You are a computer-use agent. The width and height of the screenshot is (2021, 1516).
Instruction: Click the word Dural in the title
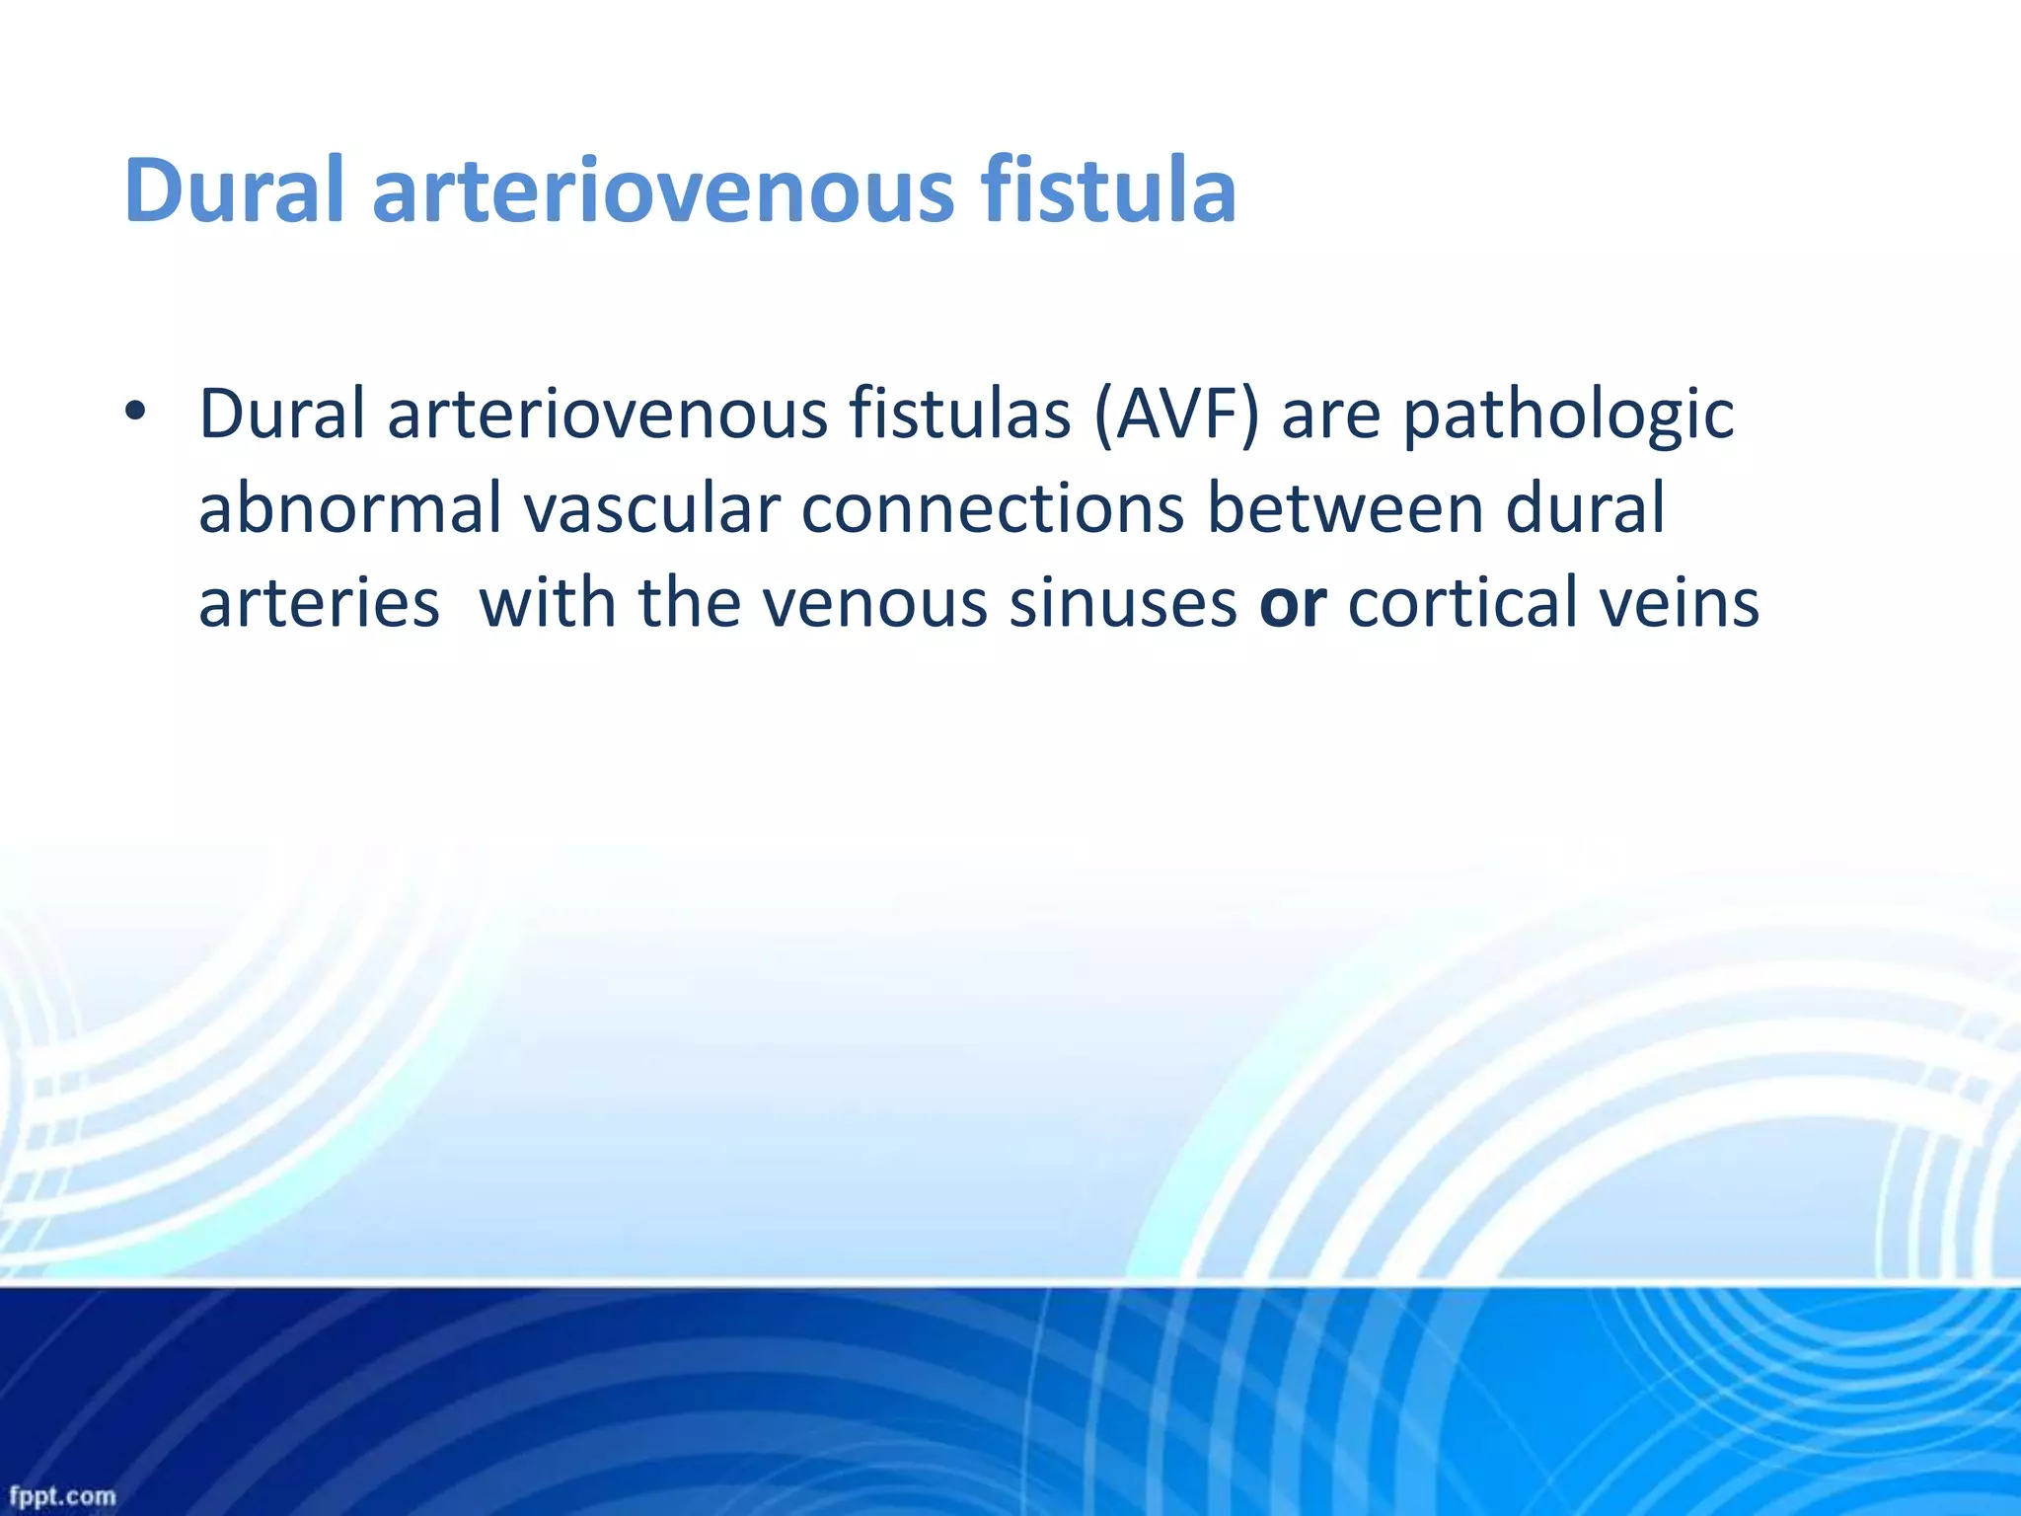pos(234,190)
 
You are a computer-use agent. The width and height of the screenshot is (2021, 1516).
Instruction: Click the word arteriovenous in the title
pos(662,190)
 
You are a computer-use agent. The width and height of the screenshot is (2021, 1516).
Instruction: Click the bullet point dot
pos(135,412)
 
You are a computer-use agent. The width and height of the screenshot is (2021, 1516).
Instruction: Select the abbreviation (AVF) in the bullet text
pos(1175,415)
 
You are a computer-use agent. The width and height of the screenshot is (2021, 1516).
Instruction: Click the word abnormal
pos(350,508)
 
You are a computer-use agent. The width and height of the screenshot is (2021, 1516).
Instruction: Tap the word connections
pos(993,508)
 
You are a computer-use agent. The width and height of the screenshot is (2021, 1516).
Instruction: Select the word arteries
pos(319,603)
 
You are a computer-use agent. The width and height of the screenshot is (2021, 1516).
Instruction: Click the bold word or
pos(1293,603)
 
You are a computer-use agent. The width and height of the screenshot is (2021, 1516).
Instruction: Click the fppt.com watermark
pos(62,1496)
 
